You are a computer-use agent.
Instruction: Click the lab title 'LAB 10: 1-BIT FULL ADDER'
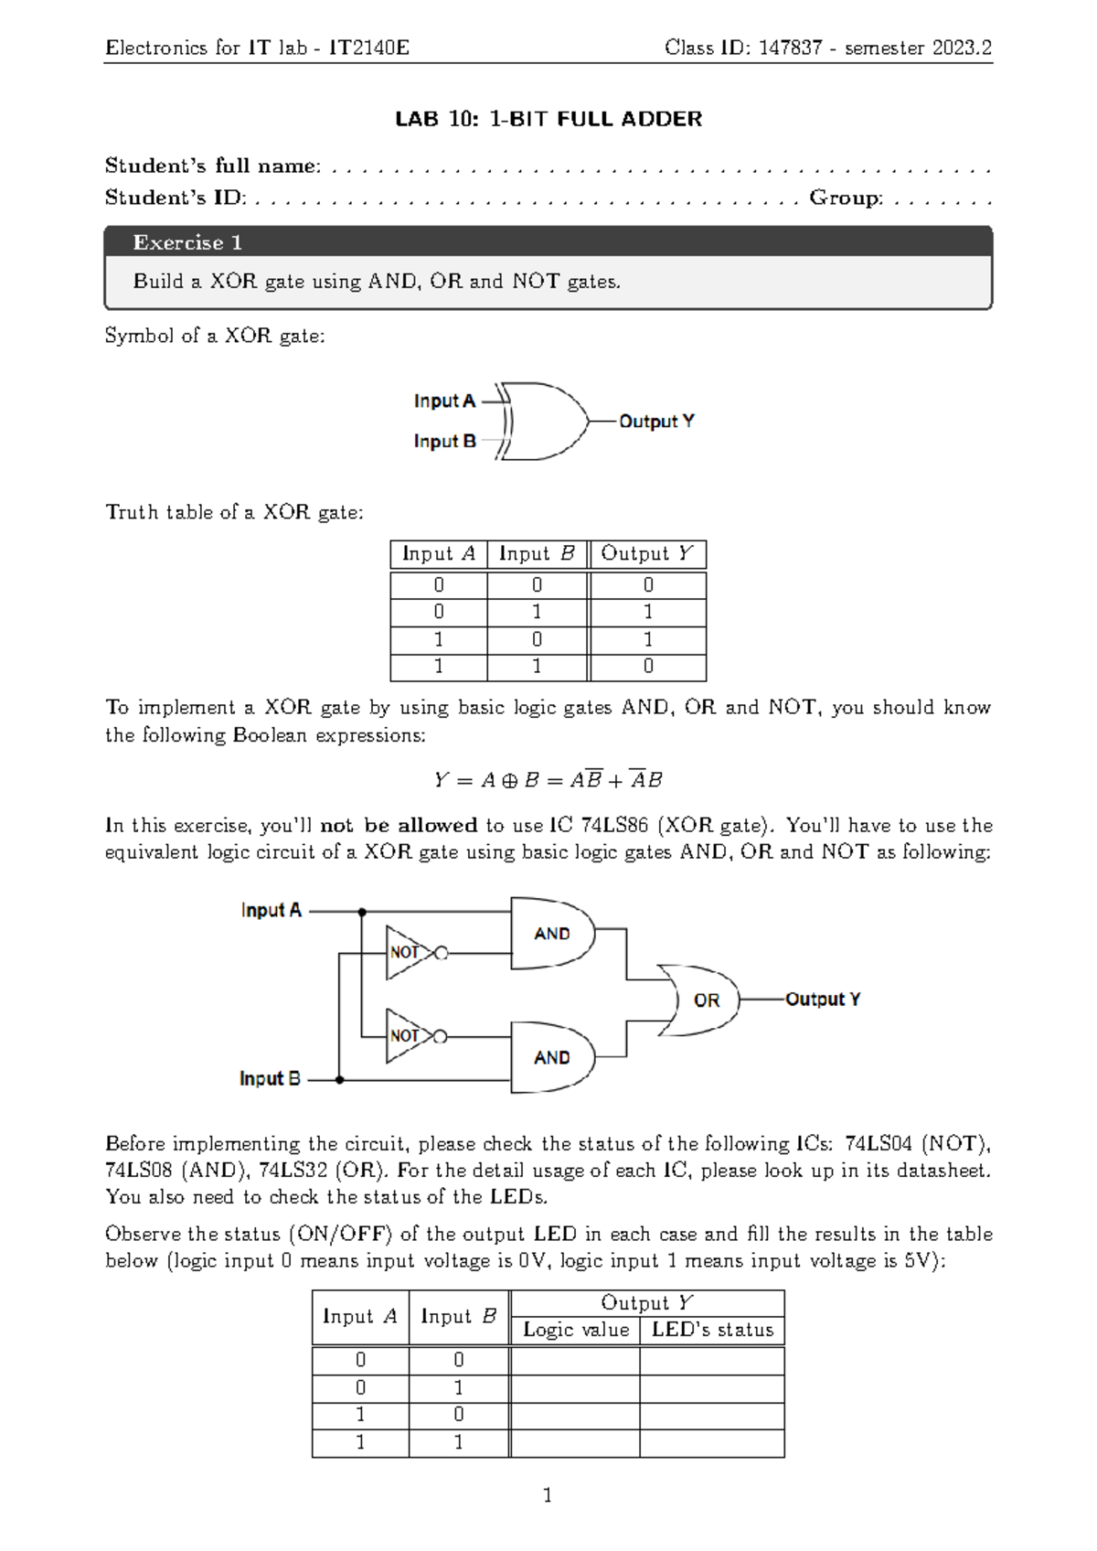point(548,119)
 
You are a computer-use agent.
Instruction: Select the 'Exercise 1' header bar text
point(187,242)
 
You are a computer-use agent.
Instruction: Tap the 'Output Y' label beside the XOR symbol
point(656,422)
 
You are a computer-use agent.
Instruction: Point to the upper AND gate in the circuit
point(552,933)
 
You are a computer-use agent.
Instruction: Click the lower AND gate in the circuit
point(552,1057)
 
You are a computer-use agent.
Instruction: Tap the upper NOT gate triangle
point(406,952)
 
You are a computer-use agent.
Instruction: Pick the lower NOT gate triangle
point(406,1036)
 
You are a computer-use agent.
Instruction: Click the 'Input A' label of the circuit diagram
point(271,911)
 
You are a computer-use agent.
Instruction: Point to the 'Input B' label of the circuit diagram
point(270,1079)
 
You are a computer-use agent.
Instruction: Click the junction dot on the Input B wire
point(339,1080)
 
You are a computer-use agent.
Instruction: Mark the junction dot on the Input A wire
point(362,912)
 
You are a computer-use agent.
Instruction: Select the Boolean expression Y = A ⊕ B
point(548,780)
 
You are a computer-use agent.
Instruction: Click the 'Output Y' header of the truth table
point(647,554)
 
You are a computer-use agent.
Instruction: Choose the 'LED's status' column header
point(712,1331)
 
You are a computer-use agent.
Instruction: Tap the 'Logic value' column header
point(576,1331)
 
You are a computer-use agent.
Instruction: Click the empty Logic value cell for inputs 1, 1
point(575,1443)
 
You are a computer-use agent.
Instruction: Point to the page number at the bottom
point(548,1495)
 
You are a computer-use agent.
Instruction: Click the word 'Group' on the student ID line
point(846,198)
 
